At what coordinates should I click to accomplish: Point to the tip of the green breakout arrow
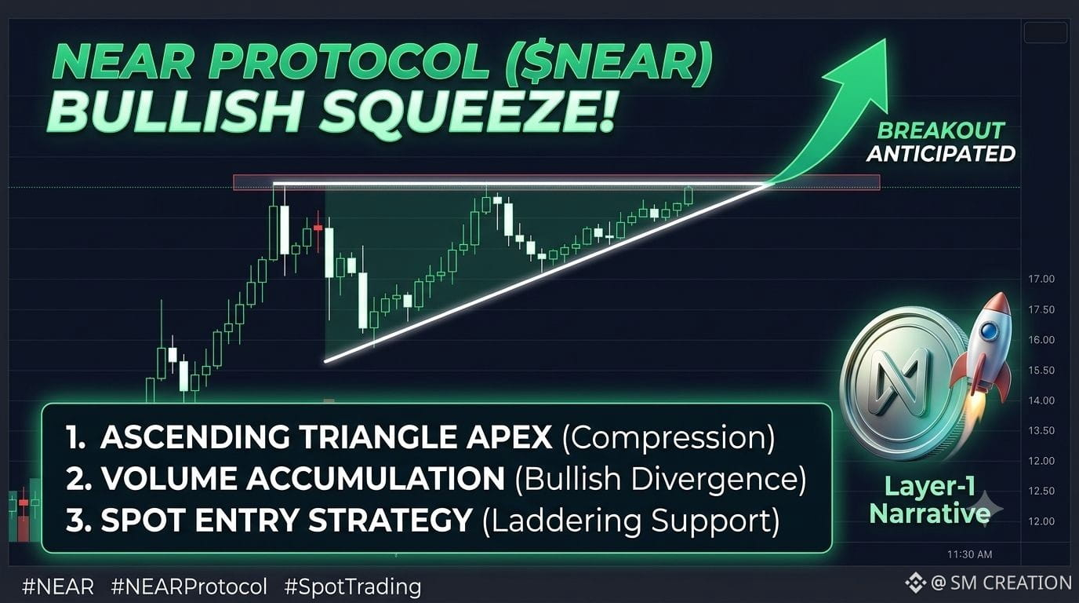(x=885, y=39)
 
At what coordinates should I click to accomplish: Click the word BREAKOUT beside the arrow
(x=940, y=131)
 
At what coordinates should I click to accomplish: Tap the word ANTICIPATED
(x=941, y=154)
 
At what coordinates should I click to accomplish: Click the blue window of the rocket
(x=989, y=331)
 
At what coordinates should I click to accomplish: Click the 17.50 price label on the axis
(x=1041, y=309)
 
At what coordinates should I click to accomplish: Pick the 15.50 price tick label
(x=1041, y=370)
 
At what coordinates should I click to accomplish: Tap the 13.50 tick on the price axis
(x=1041, y=430)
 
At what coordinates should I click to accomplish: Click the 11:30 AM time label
(x=970, y=554)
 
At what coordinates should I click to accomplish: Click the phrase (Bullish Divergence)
(x=660, y=480)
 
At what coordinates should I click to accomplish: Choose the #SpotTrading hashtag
(x=353, y=587)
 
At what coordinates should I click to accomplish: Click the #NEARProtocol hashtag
(x=189, y=587)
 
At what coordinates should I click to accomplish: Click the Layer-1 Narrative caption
(x=930, y=500)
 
